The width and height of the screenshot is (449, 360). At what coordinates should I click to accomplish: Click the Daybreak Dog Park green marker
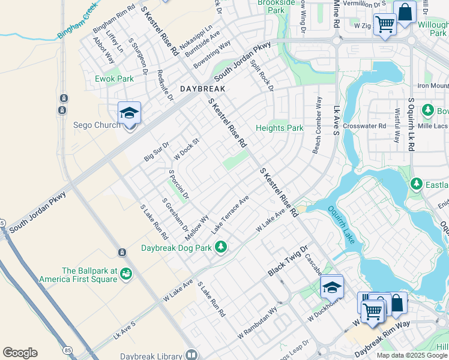tap(221, 247)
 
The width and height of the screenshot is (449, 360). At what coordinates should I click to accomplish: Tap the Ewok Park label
tap(114, 79)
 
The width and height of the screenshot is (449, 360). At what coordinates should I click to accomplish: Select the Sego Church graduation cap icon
tap(129, 113)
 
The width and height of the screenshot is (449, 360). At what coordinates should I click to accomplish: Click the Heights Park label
tap(279, 128)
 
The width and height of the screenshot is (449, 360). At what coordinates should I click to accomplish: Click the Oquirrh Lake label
tap(341, 224)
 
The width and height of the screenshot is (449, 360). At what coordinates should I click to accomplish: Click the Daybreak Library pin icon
tap(191, 355)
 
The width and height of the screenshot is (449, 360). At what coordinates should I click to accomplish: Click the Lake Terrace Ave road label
tap(230, 215)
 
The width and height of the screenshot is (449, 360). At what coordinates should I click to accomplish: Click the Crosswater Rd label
tap(364, 126)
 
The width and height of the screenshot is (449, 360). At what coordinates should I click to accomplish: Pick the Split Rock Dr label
tap(262, 75)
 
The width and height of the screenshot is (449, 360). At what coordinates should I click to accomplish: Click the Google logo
tap(20, 353)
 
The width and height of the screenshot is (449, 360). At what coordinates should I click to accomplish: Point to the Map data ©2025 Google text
tap(412, 355)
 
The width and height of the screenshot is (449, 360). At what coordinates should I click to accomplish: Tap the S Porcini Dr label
tap(178, 184)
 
